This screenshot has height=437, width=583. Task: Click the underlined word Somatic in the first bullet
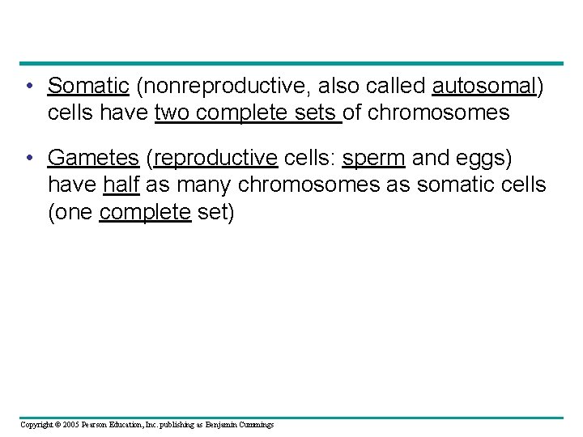click(88, 86)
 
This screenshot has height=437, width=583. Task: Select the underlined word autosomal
click(484, 86)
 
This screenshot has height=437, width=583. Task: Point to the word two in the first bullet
click(172, 112)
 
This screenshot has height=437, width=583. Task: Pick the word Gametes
click(93, 157)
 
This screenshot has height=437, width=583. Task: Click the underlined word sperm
click(373, 157)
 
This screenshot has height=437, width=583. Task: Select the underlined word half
click(121, 185)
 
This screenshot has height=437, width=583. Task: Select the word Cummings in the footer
click(255, 424)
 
